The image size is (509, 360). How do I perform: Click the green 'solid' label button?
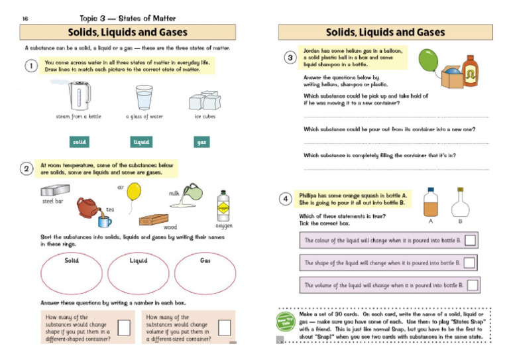(80, 142)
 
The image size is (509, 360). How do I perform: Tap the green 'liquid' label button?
(141, 142)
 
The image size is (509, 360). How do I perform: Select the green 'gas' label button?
(201, 142)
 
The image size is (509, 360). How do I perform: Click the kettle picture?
(79, 97)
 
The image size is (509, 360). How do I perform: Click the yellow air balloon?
(134, 192)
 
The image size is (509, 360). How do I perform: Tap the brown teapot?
(87, 208)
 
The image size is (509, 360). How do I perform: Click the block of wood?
(156, 219)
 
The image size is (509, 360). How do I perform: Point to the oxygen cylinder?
(223, 208)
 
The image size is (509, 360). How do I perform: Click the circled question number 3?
(290, 58)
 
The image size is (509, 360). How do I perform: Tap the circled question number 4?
(285, 198)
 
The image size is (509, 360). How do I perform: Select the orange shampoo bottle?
(470, 70)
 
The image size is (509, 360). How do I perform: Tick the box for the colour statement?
(470, 240)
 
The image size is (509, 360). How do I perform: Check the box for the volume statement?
(473, 285)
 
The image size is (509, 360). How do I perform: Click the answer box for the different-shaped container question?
(123, 327)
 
